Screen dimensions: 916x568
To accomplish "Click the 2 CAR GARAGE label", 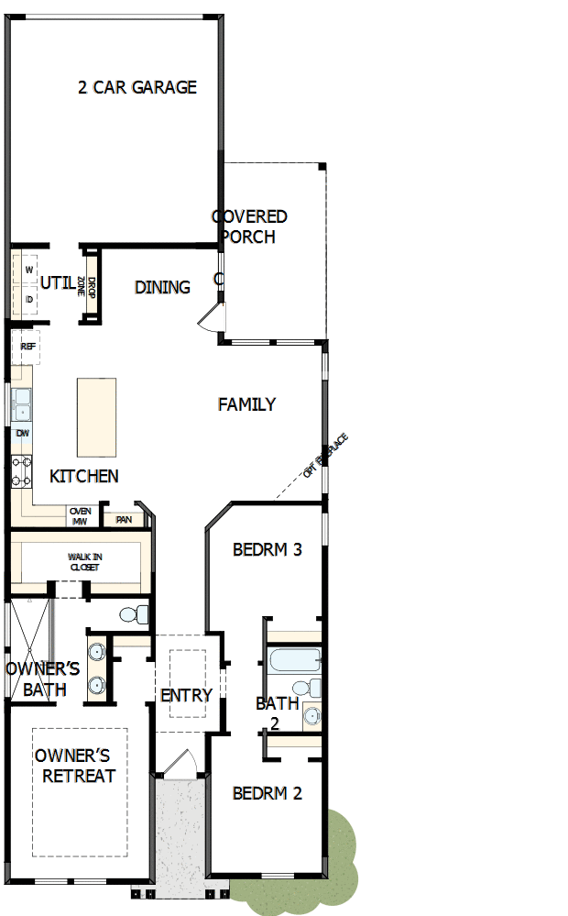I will tap(137, 87).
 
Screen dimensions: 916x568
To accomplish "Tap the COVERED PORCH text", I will tap(249, 226).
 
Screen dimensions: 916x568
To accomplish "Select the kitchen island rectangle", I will tap(96, 417).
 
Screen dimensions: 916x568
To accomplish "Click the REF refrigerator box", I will tap(27, 348).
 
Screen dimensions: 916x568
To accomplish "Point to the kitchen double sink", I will tap(21, 403).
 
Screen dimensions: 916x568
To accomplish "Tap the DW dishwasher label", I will tap(22, 434).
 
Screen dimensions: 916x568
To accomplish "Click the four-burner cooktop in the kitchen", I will tap(21, 471).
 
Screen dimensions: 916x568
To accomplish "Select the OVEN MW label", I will tap(81, 517).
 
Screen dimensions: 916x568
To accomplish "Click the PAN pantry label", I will tap(123, 520).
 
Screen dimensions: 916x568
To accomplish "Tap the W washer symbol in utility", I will tap(28, 270).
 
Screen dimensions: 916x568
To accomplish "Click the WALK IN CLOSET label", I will tap(83, 562).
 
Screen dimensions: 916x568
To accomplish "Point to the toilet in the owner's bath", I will tap(133, 613).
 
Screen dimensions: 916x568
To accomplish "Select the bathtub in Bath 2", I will tap(293, 660).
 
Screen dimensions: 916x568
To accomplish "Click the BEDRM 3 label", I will tap(268, 550).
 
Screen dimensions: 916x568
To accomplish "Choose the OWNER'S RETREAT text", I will tap(75, 766).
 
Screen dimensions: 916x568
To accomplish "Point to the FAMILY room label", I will tap(246, 404).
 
